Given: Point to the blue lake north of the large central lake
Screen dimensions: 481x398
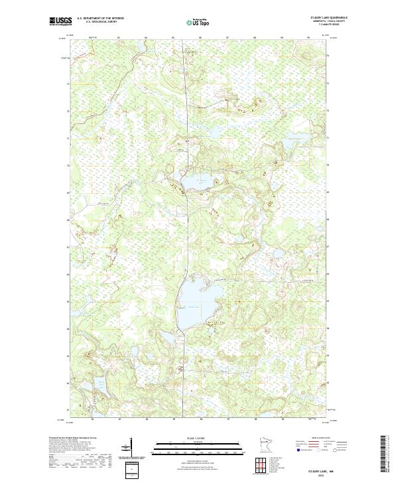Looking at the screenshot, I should point(194,182).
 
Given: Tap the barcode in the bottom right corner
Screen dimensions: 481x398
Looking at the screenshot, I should point(385,454).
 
